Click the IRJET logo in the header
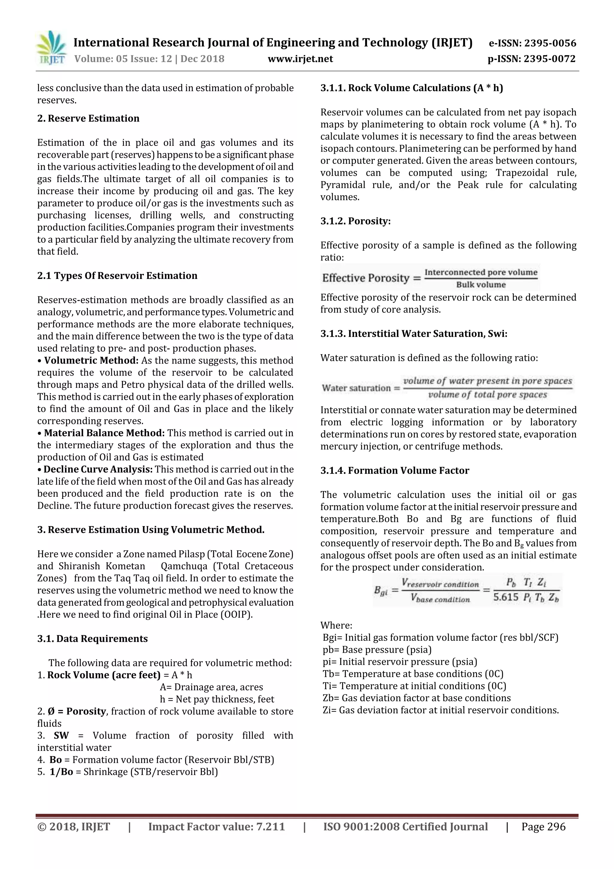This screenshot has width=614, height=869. click(x=51, y=49)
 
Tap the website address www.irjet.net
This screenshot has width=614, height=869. click(x=300, y=59)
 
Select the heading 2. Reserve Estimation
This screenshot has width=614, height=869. click(x=88, y=118)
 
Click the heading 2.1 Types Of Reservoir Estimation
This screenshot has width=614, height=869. click(x=117, y=276)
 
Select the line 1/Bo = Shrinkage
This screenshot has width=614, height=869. click(x=128, y=772)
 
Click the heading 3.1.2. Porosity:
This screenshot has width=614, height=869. click(x=355, y=221)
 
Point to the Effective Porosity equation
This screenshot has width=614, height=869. click(x=430, y=278)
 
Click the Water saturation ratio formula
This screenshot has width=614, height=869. click(x=447, y=388)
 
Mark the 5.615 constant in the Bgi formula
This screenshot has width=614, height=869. click(x=505, y=597)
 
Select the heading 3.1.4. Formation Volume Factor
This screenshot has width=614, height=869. click(x=395, y=470)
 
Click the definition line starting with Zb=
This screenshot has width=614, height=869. click(x=416, y=698)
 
